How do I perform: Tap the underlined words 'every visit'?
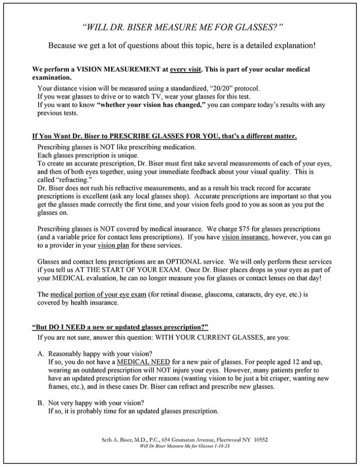pos(185,69)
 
